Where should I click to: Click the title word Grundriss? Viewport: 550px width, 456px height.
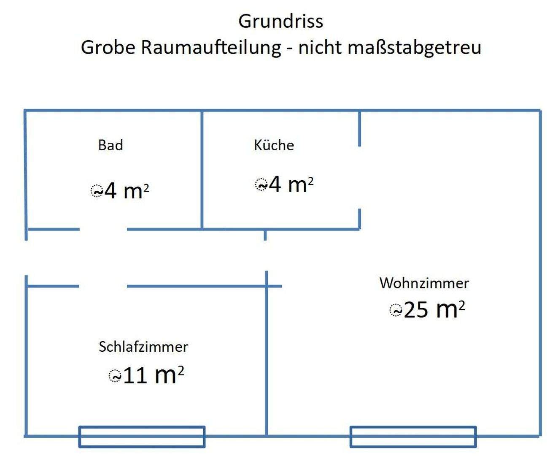[280, 21]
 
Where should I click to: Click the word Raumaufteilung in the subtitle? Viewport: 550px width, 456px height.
[211, 48]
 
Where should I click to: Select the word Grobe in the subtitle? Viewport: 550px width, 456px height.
[108, 47]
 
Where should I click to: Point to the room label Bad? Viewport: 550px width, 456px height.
[111, 145]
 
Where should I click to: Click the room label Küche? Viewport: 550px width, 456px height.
[274, 145]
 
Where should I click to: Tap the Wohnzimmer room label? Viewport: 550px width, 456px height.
[424, 283]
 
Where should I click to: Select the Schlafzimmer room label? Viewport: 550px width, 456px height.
[143, 347]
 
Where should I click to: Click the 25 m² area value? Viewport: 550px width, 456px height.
[434, 310]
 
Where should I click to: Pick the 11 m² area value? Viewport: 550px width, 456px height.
[154, 375]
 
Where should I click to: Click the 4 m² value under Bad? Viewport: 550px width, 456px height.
[127, 191]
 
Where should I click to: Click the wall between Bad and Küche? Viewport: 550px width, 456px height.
[202, 170]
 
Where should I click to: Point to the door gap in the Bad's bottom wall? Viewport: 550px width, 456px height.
[103, 229]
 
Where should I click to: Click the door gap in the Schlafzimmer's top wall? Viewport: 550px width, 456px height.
[103, 286]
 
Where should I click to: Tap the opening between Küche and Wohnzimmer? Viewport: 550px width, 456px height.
[359, 177]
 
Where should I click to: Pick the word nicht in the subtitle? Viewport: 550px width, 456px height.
[320, 47]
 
